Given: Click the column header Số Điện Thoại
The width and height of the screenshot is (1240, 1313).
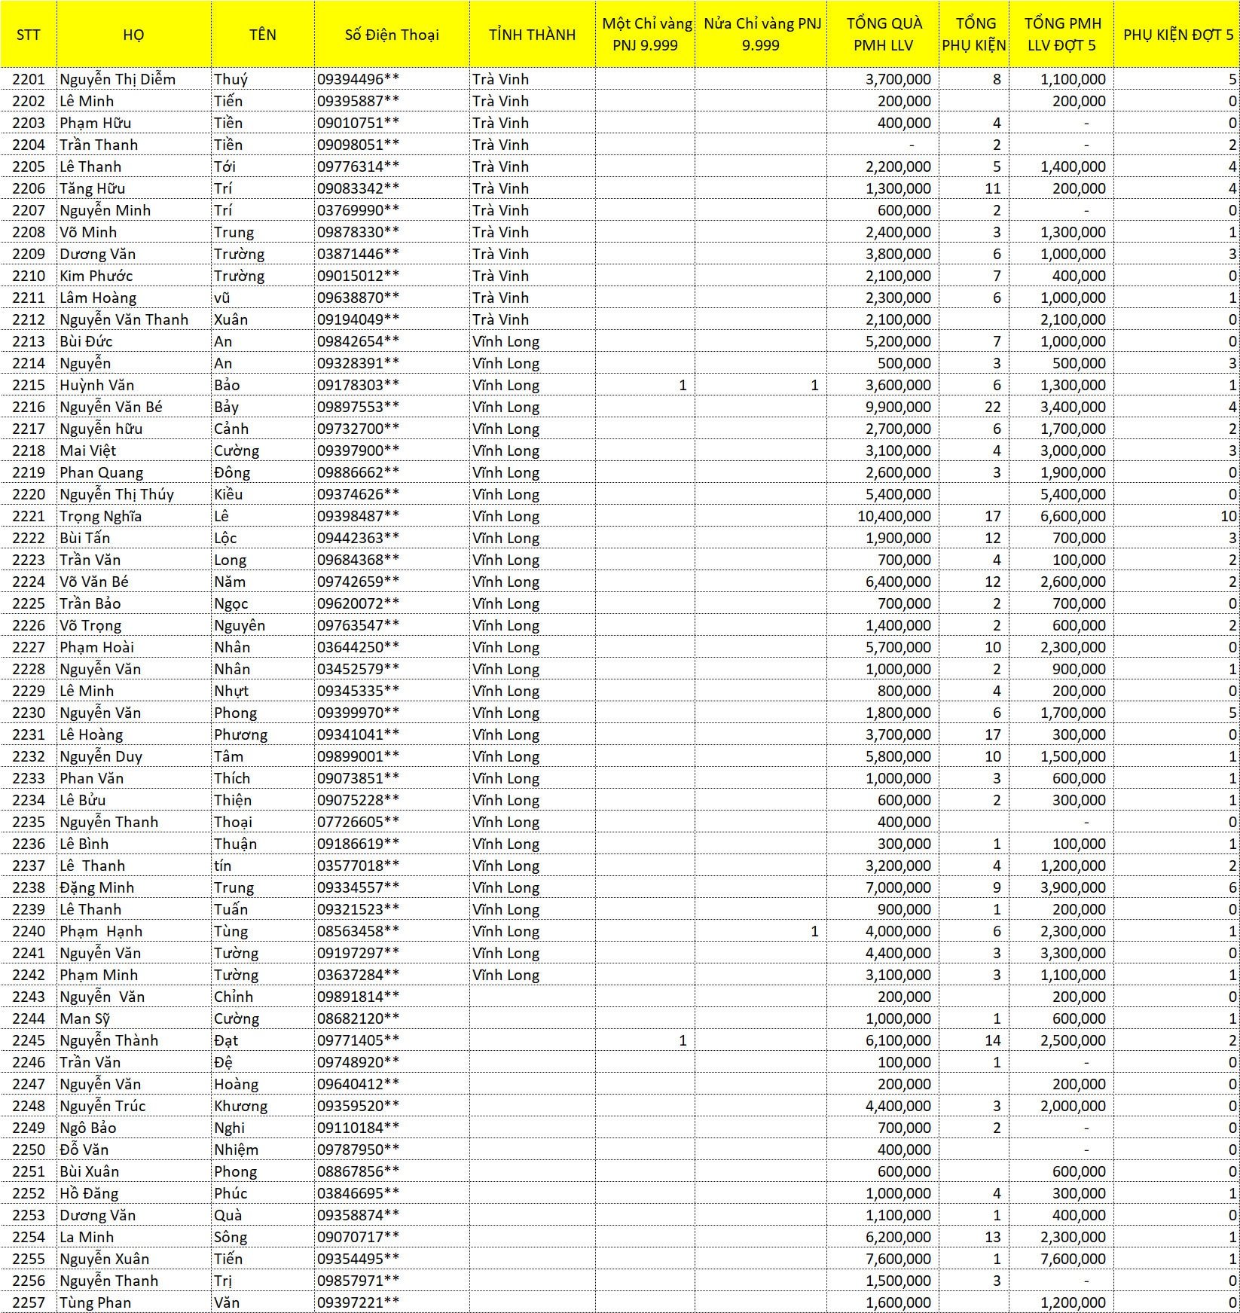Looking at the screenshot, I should click(x=392, y=35).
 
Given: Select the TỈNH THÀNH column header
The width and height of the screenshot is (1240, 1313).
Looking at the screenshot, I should click(x=532, y=35).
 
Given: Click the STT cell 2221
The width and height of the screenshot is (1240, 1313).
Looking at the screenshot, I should click(x=29, y=516).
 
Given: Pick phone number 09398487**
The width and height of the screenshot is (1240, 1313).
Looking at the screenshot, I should click(x=358, y=516).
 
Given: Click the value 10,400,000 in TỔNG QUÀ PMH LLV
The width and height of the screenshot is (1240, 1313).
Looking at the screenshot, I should click(x=893, y=516).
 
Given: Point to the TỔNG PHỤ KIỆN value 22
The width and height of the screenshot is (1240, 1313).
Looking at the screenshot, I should click(x=992, y=407).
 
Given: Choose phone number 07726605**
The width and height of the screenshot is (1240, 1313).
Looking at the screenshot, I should click(x=358, y=822).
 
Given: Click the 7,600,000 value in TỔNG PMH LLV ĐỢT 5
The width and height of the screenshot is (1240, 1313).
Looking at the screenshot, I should click(x=1073, y=1259).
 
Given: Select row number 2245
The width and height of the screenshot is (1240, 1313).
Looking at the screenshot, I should click(x=29, y=1040).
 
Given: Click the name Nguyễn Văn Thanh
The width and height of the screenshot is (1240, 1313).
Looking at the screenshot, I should click(x=124, y=319).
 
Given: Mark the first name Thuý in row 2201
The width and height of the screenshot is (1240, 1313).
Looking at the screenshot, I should click(x=231, y=79).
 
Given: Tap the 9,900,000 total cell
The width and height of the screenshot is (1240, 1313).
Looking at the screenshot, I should click(x=898, y=407).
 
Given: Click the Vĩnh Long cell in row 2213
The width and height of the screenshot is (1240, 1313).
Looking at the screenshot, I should click(x=506, y=341).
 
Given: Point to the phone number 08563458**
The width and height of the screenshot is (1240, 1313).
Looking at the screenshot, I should click(x=358, y=931).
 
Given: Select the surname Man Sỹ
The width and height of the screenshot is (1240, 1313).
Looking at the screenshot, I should click(x=85, y=1018).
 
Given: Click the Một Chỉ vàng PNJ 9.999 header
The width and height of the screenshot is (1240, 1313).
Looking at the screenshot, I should click(x=646, y=35).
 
